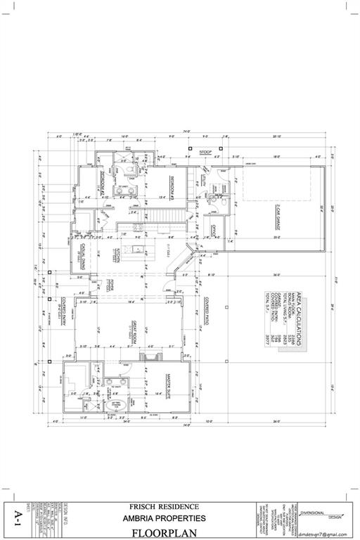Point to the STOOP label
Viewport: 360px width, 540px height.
[206, 152]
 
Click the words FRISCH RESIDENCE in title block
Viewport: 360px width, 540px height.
[164, 506]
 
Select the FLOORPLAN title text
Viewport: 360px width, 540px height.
[163, 532]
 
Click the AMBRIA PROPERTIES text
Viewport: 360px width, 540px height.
[164, 518]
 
